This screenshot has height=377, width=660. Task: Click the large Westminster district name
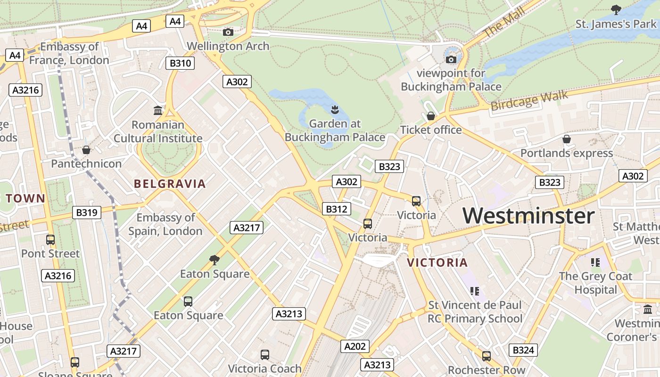528,216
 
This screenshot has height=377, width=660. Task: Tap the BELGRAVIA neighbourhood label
170,184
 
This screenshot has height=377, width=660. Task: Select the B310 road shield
181,63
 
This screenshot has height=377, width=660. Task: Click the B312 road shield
337,209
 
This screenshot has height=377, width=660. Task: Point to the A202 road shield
355,346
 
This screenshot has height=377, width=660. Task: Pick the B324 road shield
523,350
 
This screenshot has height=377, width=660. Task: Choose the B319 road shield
87,213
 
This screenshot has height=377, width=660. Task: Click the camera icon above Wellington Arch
228,32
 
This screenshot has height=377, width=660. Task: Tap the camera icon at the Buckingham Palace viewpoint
451,59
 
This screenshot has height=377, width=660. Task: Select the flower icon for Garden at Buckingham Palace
335,110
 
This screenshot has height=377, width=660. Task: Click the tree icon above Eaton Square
214,260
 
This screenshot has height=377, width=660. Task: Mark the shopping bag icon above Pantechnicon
86,150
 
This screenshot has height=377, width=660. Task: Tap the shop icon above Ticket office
430,116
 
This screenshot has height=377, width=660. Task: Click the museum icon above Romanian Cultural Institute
158,111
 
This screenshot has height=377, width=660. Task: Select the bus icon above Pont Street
50,239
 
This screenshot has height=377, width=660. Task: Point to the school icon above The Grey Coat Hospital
595,262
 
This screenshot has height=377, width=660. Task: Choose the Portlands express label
566,153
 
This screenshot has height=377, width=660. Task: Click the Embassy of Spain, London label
165,224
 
